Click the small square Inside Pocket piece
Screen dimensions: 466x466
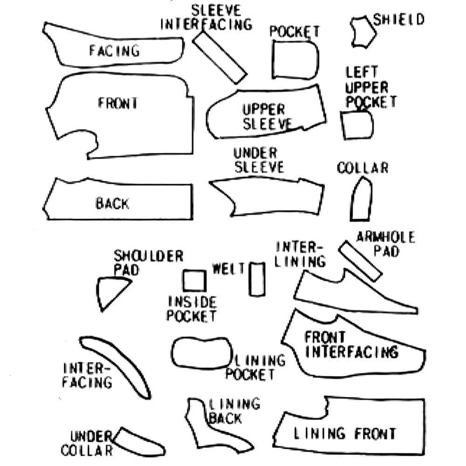click(194, 281)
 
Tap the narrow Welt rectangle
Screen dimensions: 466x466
click(257, 279)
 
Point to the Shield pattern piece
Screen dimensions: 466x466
click(363, 32)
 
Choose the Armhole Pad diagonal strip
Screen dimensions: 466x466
click(360, 261)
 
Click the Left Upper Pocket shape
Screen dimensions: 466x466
click(357, 125)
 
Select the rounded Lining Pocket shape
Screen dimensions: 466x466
click(201, 352)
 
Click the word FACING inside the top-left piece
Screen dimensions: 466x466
click(114, 50)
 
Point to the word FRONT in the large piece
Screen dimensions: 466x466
click(118, 103)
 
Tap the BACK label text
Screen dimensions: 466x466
click(112, 204)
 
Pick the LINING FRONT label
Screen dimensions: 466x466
click(344, 433)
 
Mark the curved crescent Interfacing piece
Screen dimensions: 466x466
click(116, 363)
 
